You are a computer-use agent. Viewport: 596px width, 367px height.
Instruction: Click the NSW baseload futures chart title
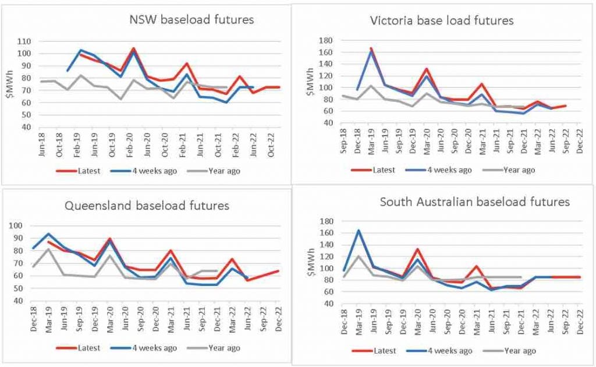191,20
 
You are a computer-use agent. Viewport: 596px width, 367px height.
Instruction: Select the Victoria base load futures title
442,21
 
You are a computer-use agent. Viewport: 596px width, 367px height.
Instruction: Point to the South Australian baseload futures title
474,202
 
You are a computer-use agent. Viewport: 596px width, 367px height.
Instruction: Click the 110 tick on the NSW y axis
24,41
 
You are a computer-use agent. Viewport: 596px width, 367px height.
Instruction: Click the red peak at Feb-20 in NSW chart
133,48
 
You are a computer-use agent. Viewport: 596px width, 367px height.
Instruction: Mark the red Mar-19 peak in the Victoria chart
371,48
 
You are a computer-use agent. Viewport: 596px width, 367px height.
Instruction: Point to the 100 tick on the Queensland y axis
24,226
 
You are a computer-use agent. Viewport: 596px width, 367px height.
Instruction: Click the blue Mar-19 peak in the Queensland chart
48,234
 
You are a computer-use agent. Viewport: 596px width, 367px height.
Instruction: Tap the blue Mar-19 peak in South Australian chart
359,230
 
